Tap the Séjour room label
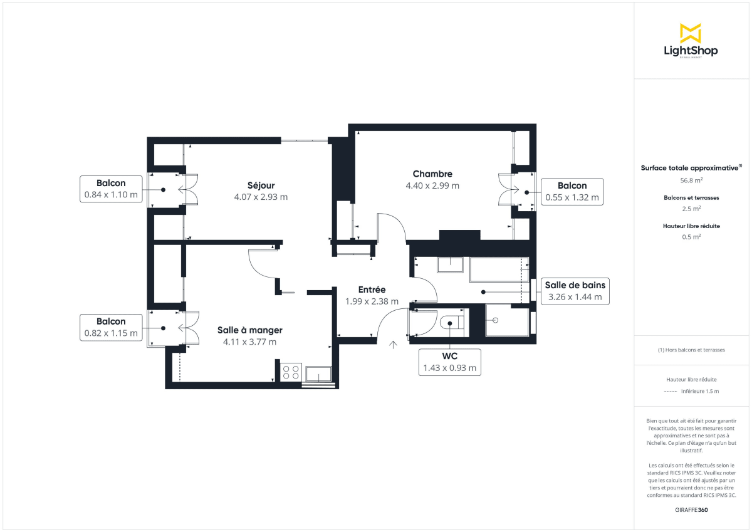pos(261,185)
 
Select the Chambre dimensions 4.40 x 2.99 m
pos(432,185)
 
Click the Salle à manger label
pos(249,330)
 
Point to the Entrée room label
pos(372,289)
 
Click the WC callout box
pos(449,362)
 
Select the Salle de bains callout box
pos(575,291)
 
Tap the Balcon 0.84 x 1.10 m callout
pos(111,189)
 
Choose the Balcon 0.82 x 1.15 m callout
pos(111,327)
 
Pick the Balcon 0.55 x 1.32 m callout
pos(572,191)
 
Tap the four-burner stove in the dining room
pos(291,372)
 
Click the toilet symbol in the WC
pos(451,323)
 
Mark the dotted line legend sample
pos(670,391)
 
